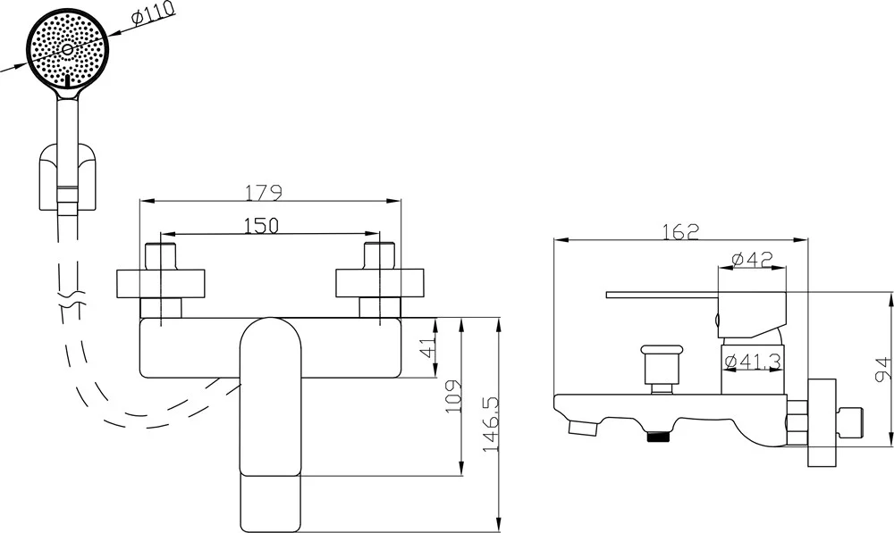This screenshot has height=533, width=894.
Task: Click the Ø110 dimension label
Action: click(x=153, y=15)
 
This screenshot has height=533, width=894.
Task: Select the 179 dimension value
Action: click(x=264, y=193)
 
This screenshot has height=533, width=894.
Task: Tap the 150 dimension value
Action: click(x=261, y=226)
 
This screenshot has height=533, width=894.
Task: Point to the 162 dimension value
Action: click(x=680, y=232)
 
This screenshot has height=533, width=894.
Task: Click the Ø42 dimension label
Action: click(x=752, y=260)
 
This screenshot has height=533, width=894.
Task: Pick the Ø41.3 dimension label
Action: click(x=753, y=361)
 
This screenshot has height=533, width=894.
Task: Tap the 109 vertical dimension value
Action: click(x=454, y=396)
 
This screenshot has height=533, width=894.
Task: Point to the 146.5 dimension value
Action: click(x=491, y=424)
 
